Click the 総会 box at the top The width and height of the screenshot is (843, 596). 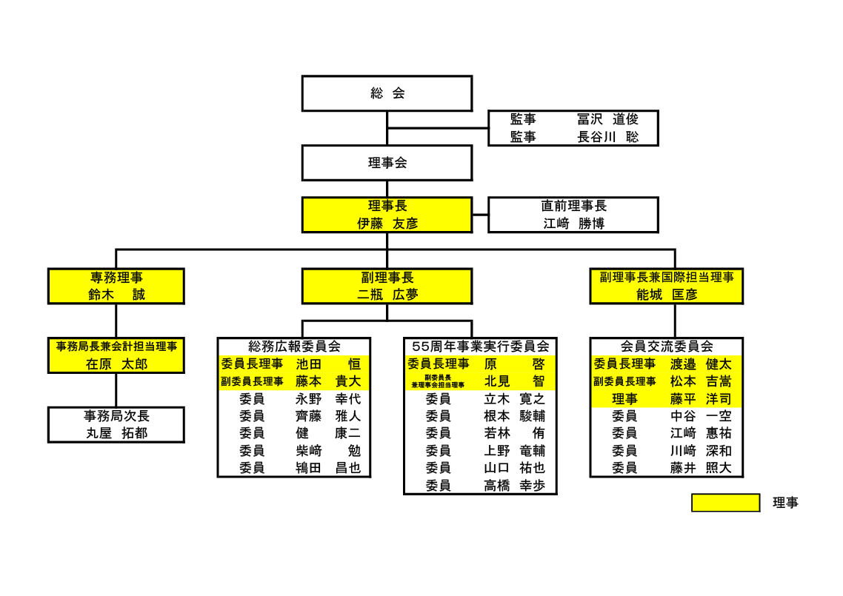tap(387, 93)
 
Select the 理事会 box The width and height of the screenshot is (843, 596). tap(387, 163)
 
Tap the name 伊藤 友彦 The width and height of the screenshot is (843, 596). tap(387, 224)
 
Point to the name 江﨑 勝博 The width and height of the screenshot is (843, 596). tap(573, 224)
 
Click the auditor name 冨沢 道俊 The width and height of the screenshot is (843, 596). tap(607, 119)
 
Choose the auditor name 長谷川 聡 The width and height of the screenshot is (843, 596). tap(607, 137)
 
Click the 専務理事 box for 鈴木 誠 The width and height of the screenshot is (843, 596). tap(116, 287)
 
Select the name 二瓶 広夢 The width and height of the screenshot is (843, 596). tap(387, 295)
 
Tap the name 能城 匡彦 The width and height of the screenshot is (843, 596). tap(667, 295)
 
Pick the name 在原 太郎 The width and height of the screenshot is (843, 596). tap(116, 364)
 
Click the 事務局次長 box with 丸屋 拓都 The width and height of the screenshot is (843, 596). tap(116, 424)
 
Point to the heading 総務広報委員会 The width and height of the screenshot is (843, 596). tap(294, 346)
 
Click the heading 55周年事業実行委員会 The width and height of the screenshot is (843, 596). tap(480, 346)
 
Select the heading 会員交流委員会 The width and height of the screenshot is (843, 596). tap(667, 346)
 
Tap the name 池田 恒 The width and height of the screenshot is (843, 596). tap(328, 364)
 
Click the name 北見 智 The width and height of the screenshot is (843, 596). tap(515, 381)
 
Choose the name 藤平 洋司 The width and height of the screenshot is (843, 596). tap(701, 399)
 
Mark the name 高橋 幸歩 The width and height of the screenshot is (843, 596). tap(515, 486)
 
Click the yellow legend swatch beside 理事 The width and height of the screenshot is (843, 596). tap(725, 503)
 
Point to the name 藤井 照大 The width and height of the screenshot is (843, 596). tap(701, 468)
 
